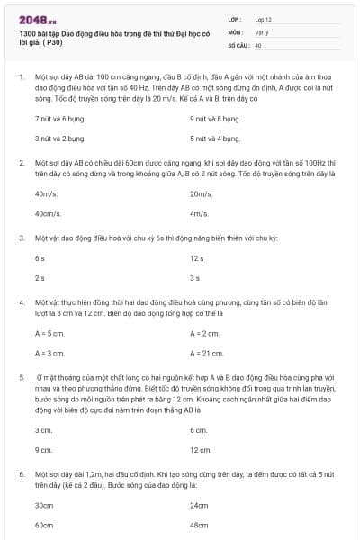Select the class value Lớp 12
[x=263, y=19]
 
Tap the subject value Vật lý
[x=262, y=31]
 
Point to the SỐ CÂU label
[x=238, y=44]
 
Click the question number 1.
[x=21, y=79]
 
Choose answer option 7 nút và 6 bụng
[x=54, y=119]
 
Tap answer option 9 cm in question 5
[x=42, y=449]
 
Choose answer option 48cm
[x=200, y=524]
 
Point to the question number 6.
[x=21, y=472]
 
